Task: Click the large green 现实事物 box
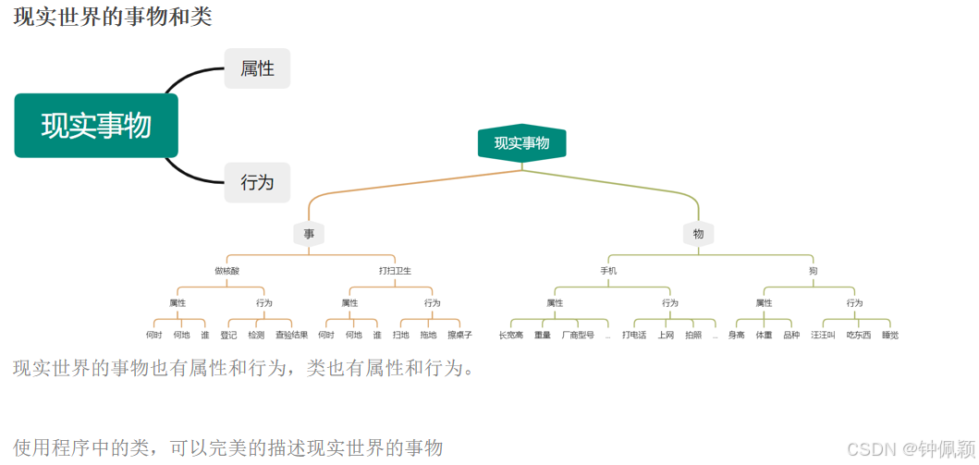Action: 96,125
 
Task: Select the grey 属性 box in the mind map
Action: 257,68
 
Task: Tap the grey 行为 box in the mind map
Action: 257,182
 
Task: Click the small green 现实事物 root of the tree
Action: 521,143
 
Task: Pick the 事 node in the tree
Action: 309,234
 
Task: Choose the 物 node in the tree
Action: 698,234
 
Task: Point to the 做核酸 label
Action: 226,271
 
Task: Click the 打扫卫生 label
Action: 395,271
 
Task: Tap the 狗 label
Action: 813,271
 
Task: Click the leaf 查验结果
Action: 291,335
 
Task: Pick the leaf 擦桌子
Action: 459,335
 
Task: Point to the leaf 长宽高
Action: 511,335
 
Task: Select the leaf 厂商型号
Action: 578,335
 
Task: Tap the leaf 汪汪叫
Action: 823,335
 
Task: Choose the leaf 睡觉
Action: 889,335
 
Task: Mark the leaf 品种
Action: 791,335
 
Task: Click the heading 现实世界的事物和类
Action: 113,17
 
